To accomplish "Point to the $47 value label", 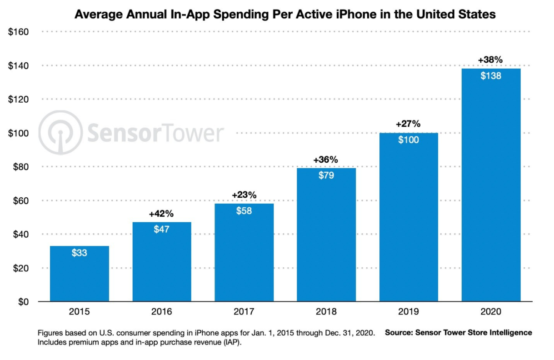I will pos(161,230).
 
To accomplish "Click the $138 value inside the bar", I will pos(491,76).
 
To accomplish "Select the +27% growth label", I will pos(408,124).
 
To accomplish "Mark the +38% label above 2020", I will pos(491,60).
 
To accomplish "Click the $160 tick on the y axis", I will pos(19,32).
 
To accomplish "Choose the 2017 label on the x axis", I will pos(244,312).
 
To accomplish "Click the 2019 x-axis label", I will pos(408,312).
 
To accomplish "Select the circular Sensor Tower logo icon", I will pos(60,132).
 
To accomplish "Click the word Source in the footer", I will pos(399,333).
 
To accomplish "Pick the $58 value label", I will pos(244,211).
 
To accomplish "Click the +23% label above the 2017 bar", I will pos(244,195).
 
